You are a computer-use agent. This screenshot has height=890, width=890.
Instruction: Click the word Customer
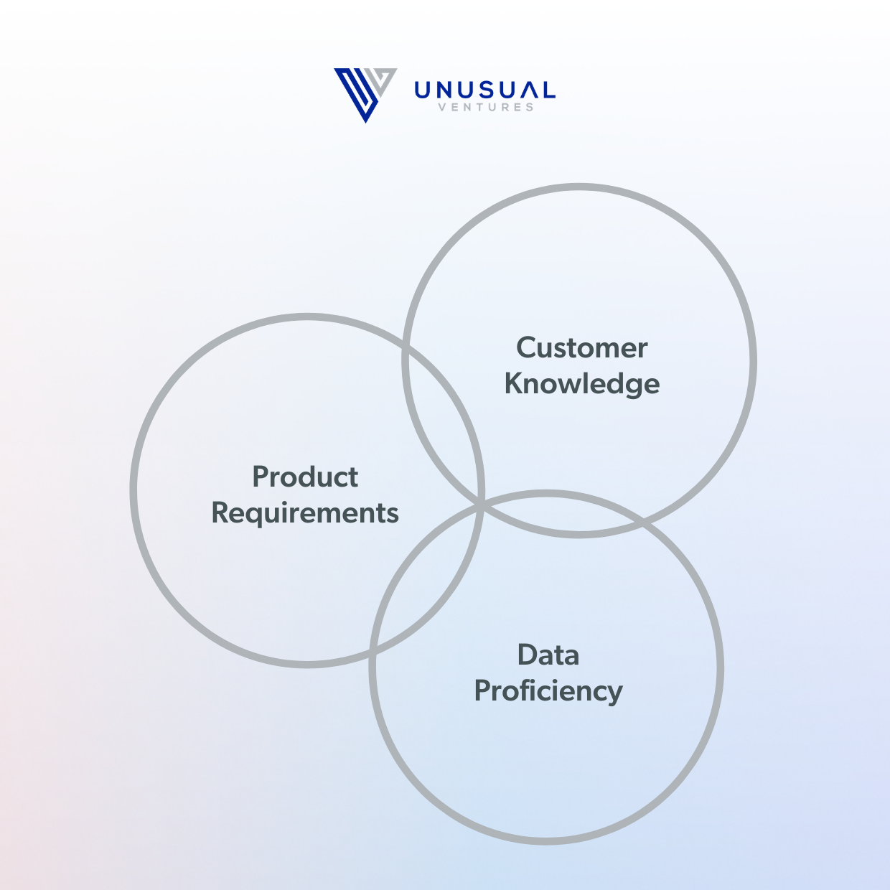tap(581, 348)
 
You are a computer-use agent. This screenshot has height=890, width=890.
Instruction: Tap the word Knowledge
tap(581, 384)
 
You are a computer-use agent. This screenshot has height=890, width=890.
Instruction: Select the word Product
tap(305, 477)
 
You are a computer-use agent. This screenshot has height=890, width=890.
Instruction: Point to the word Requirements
tap(305, 513)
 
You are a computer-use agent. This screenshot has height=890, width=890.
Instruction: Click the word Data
tap(548, 655)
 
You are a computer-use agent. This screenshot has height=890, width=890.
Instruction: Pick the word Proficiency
tap(548, 691)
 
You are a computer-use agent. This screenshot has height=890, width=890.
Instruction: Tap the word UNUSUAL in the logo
tap(484, 90)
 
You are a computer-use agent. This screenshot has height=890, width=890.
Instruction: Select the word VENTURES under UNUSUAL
tap(486, 108)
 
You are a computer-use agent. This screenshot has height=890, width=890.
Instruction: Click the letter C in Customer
tap(525, 348)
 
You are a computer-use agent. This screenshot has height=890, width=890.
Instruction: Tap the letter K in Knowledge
tap(512, 384)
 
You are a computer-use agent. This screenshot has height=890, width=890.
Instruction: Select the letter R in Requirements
tap(220, 513)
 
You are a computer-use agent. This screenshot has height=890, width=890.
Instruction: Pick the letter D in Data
tap(527, 655)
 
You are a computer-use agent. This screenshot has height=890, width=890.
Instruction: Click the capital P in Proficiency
tap(482, 691)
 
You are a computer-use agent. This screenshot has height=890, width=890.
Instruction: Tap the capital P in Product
tap(261, 477)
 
